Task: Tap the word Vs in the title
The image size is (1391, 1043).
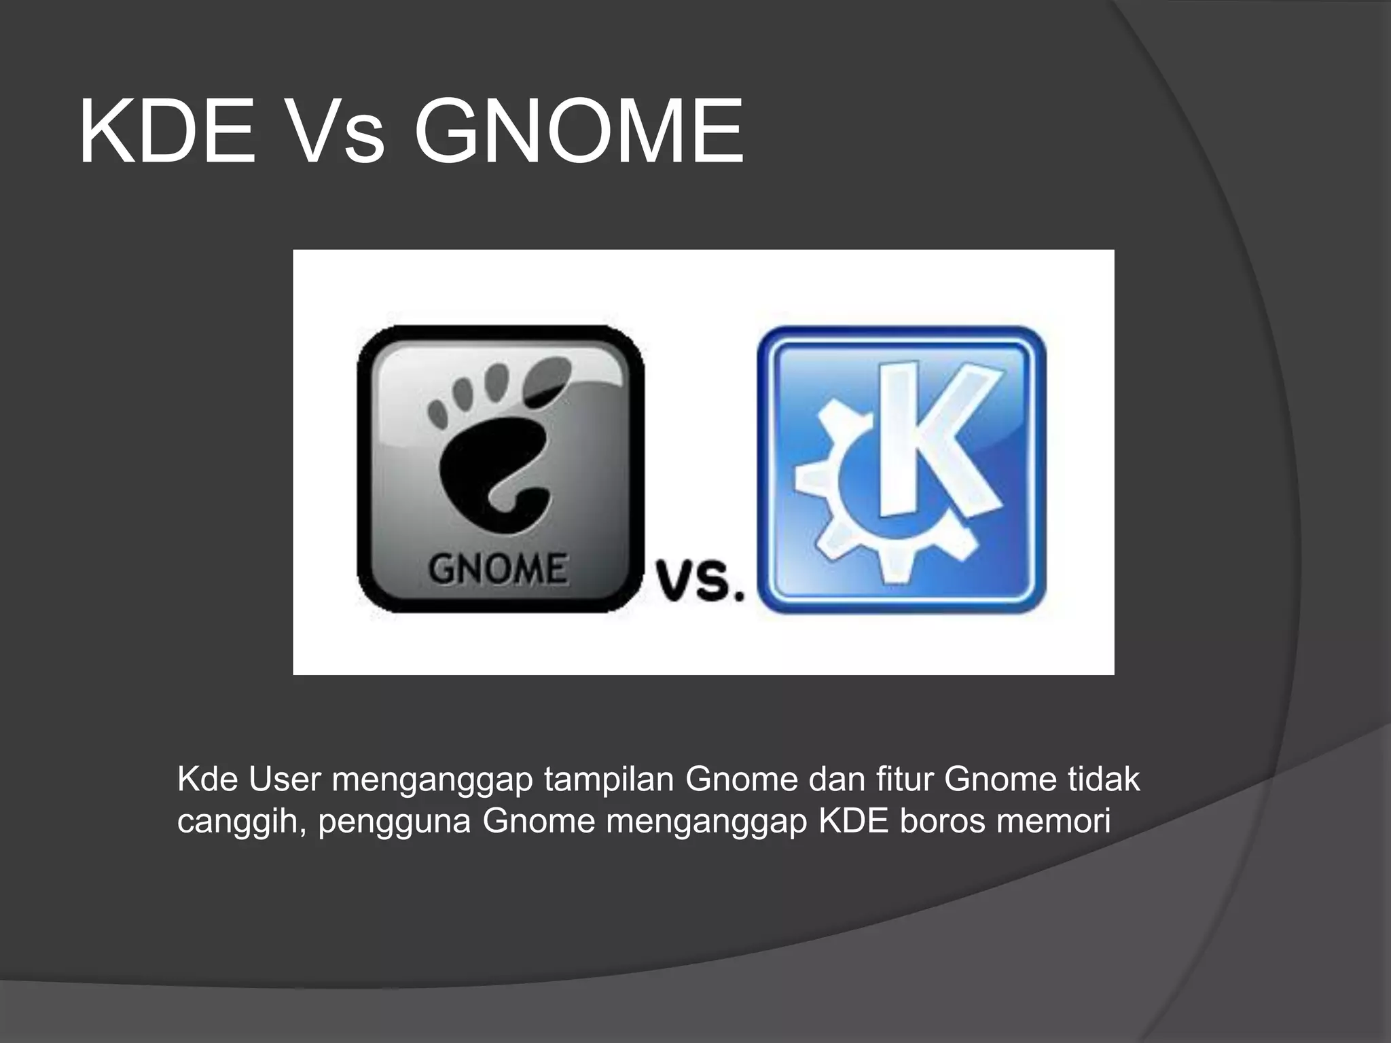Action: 331,132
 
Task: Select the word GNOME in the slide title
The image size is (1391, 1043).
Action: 578,132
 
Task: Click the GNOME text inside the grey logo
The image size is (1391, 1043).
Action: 498,569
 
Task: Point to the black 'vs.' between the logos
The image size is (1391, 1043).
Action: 700,581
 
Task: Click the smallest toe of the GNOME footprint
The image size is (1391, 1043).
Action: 437,409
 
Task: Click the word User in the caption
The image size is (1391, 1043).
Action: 285,780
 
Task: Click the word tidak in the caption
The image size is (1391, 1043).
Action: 1104,780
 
